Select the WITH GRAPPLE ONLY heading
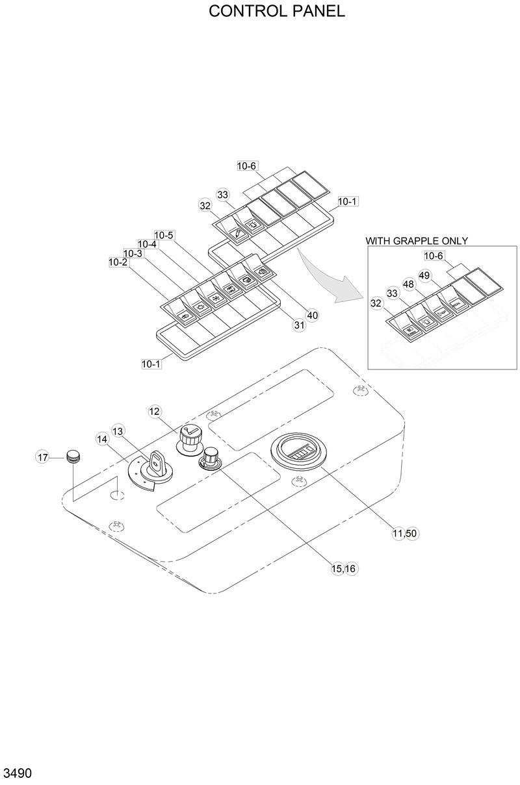[416, 241]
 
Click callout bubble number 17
[43, 458]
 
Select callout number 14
[102, 439]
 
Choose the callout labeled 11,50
[404, 533]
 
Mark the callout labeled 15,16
[344, 568]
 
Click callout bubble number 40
[312, 316]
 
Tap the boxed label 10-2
[118, 262]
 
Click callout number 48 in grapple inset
[408, 284]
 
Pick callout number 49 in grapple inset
[424, 275]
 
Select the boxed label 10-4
[148, 244]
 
